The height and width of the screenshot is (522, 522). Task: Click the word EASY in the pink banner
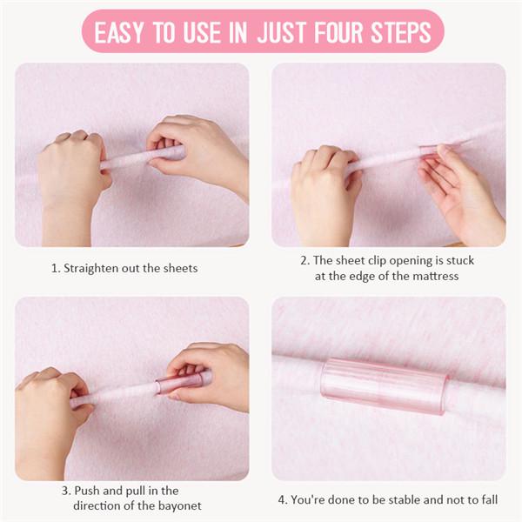[118, 33]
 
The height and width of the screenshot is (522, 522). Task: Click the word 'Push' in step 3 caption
[89, 491]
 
